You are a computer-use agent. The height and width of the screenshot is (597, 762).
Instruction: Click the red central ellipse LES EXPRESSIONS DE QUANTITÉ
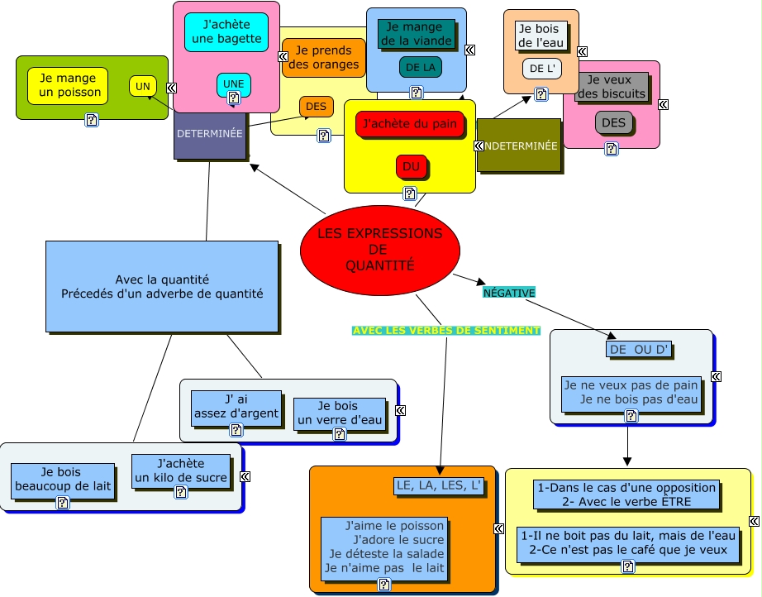tap(380, 250)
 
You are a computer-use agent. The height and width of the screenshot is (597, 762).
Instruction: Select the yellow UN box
tap(143, 87)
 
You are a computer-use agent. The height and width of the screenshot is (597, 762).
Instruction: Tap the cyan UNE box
tap(234, 84)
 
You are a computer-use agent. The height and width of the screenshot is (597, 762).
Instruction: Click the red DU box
tap(411, 167)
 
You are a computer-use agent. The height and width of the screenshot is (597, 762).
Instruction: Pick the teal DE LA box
tap(421, 68)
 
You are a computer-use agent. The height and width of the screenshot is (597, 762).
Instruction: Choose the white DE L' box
tap(542, 69)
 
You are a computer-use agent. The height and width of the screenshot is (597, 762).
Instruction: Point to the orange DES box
tap(317, 107)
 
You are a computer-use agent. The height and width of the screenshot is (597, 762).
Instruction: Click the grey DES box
tap(614, 123)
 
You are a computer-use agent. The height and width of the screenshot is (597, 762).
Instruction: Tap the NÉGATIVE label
tap(509, 293)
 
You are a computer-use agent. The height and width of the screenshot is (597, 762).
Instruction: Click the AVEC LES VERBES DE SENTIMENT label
tap(446, 331)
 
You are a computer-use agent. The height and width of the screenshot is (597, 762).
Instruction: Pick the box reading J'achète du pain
tap(410, 124)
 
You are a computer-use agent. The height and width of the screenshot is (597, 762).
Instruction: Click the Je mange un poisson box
tap(68, 85)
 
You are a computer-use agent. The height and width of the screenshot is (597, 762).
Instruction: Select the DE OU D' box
tap(639, 350)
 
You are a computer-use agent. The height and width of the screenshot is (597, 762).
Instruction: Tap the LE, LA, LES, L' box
tap(439, 485)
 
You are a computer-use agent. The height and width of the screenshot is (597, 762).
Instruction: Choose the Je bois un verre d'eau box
tap(340, 413)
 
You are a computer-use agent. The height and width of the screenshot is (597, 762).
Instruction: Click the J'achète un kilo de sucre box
tap(181, 471)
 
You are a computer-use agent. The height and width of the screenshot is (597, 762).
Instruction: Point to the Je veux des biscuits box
tap(612, 87)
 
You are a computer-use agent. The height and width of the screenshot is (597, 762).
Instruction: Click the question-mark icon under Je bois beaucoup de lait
tap(63, 503)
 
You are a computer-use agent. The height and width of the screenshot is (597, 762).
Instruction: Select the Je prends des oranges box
tap(324, 57)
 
